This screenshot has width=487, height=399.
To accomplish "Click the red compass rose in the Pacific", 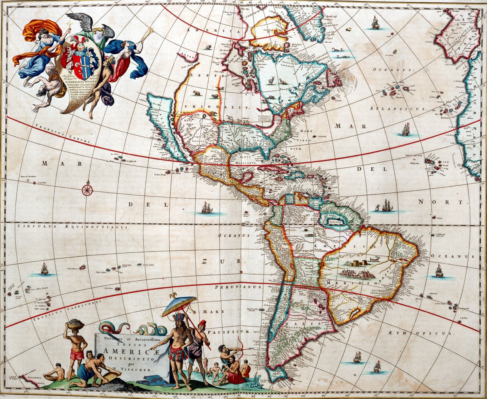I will click(x=87, y=189).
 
